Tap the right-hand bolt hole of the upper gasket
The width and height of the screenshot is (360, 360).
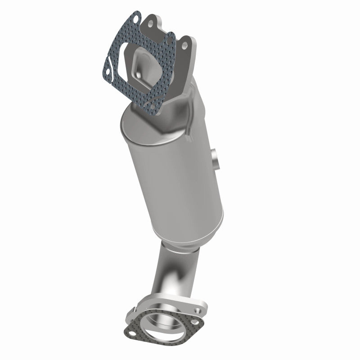pyautogui.click(x=169, y=40)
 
